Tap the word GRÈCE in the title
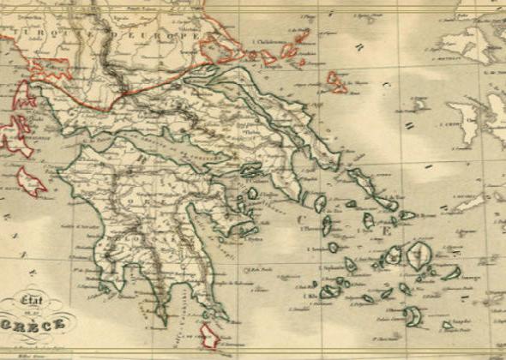[36, 325]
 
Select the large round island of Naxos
[419, 255]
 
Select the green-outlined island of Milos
[329, 292]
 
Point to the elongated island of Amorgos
[452, 273]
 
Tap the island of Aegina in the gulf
[252, 194]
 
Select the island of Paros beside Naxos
[394, 255]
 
